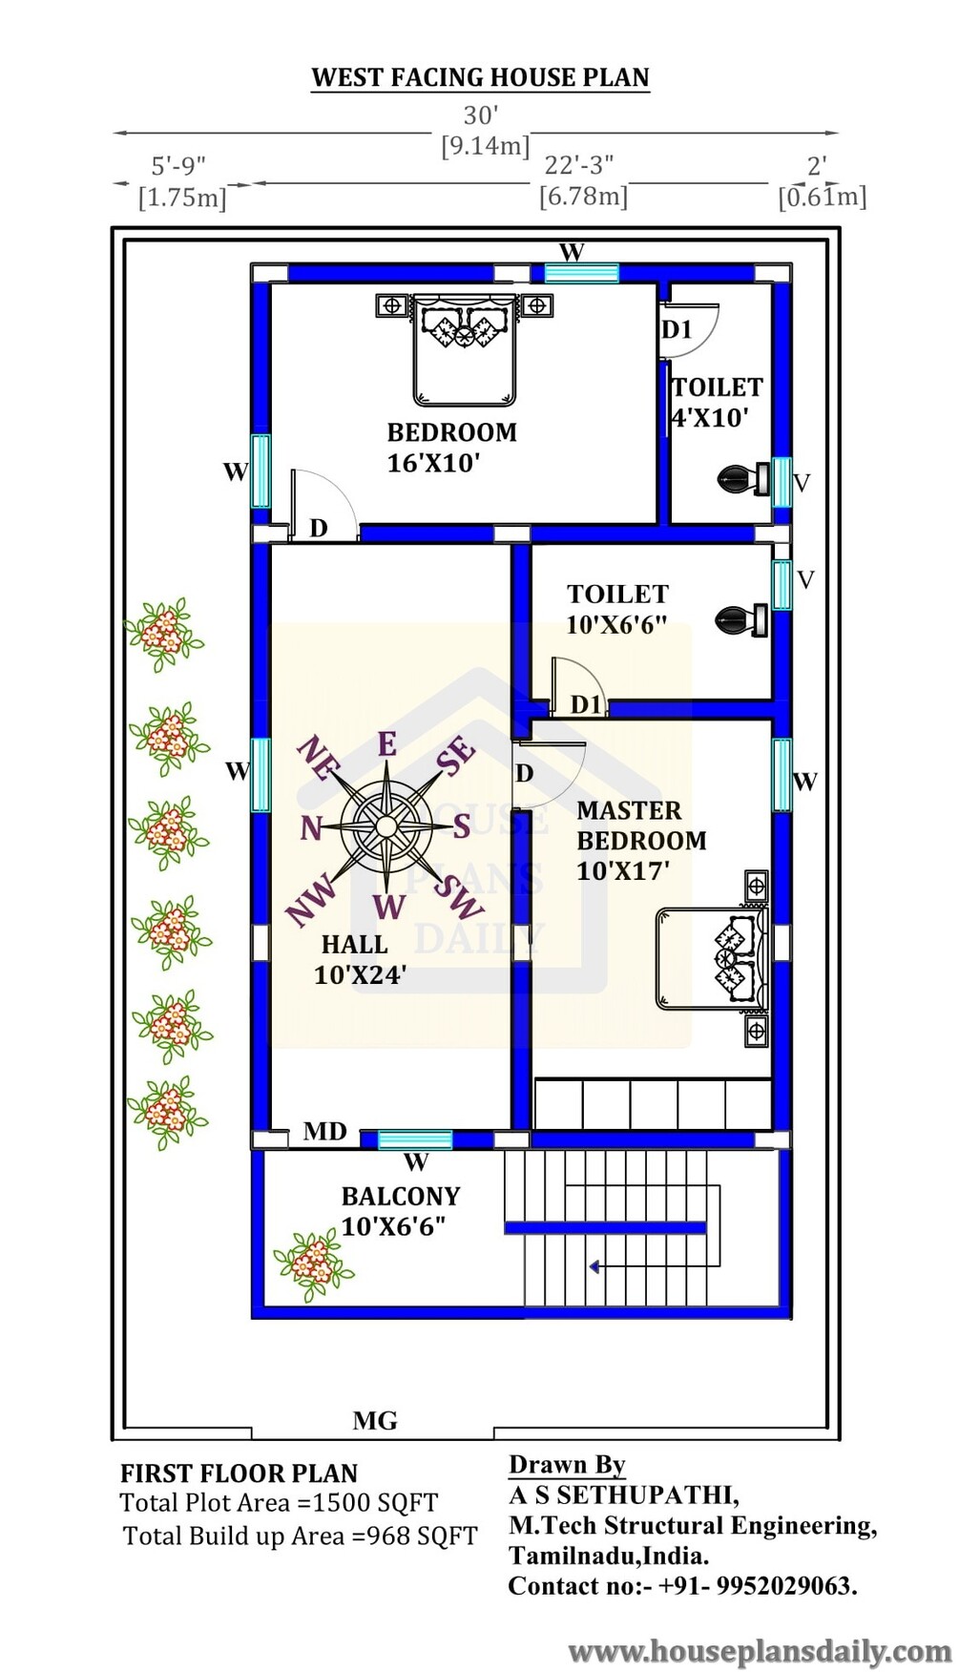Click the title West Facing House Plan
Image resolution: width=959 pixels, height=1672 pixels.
click(480, 77)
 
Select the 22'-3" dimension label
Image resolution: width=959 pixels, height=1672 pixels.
click(580, 166)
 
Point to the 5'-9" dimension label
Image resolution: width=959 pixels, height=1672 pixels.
click(178, 166)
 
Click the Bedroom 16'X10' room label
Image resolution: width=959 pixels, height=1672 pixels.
click(451, 448)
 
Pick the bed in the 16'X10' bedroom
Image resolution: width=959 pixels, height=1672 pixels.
click(464, 350)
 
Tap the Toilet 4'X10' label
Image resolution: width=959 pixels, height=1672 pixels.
click(717, 402)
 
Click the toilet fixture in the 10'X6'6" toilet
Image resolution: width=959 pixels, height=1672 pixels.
click(741, 620)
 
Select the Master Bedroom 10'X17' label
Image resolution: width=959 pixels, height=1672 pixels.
click(641, 841)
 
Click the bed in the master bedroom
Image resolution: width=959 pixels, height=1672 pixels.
click(713, 957)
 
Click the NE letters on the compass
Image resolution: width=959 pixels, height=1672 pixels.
click(313, 760)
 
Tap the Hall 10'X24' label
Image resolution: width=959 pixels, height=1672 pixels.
click(360, 959)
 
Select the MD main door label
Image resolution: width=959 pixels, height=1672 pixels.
click(324, 1132)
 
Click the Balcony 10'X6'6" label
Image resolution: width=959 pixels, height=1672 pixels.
click(401, 1211)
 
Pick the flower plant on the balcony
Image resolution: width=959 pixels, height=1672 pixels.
click(313, 1264)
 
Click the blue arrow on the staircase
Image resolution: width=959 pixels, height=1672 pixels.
click(594, 1267)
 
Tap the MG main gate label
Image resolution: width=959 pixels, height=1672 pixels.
click(375, 1421)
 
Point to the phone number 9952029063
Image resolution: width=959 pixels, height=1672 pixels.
click(784, 1586)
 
